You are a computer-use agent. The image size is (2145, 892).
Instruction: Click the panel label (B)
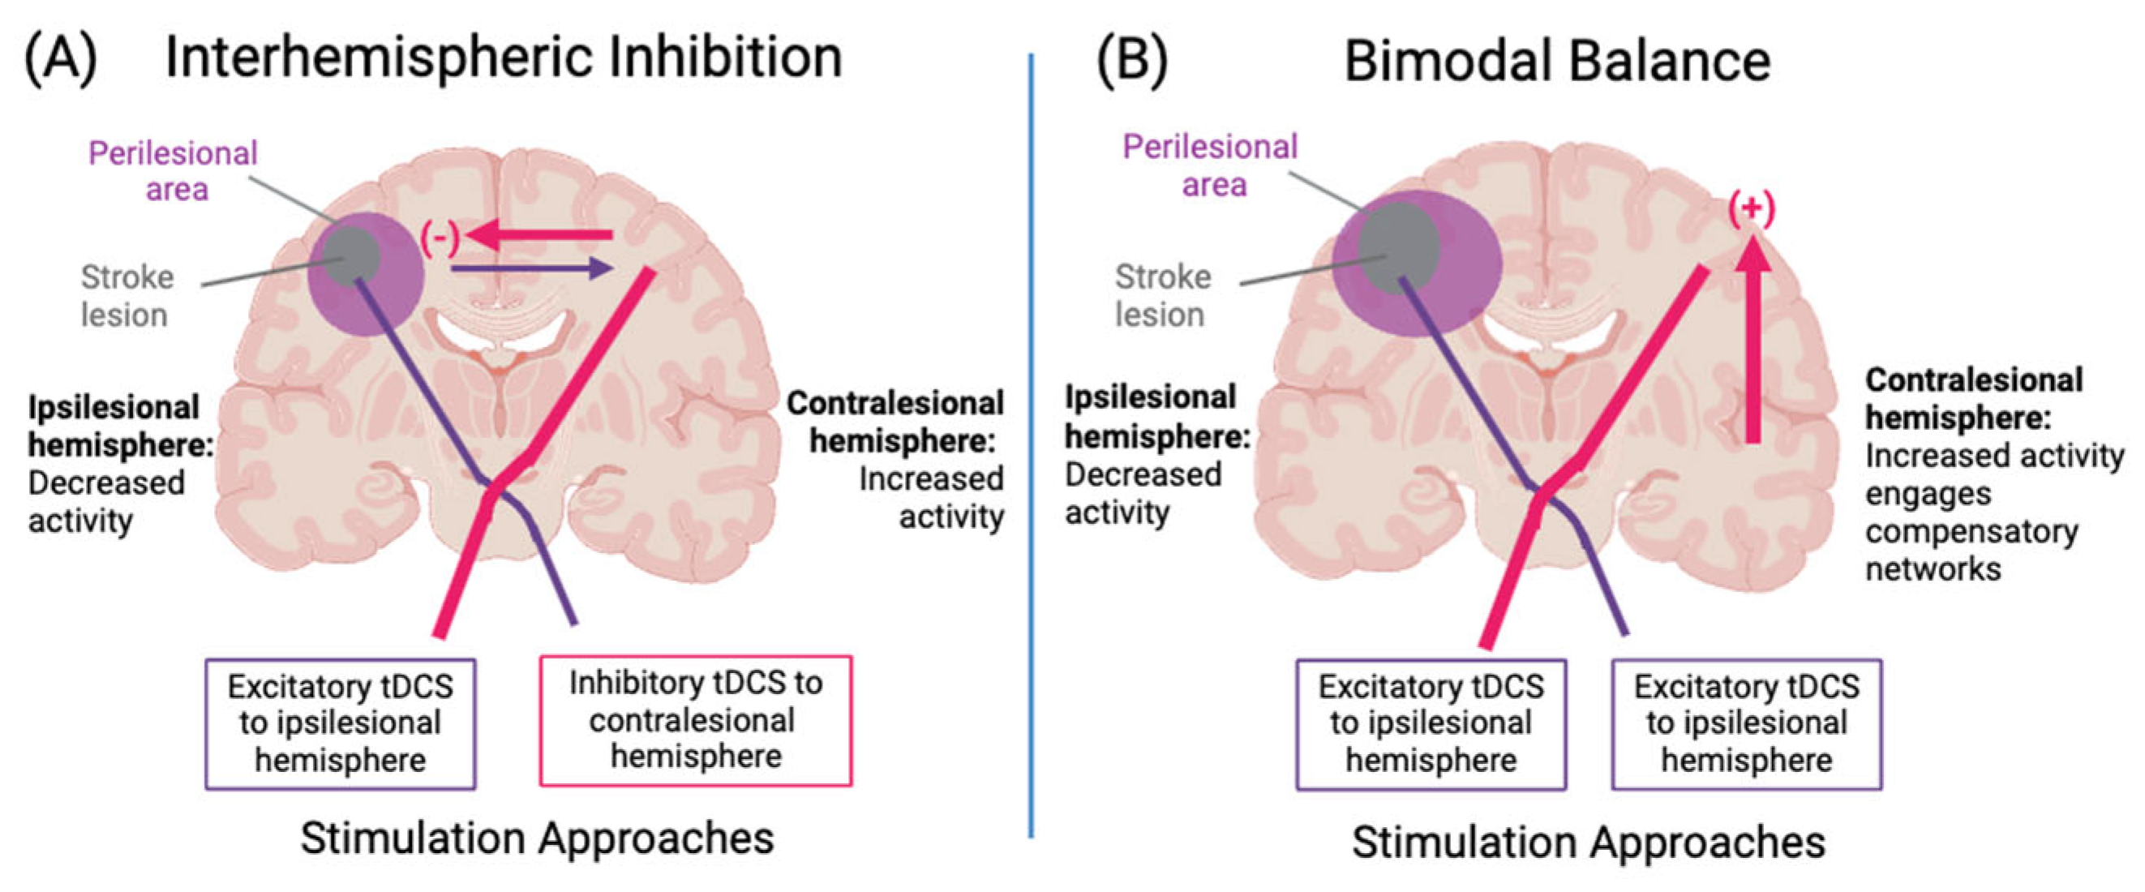pyautogui.click(x=1131, y=60)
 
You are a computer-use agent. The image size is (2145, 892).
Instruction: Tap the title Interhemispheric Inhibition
pyautogui.click(x=503, y=58)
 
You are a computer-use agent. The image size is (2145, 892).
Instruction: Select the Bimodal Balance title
pyautogui.click(x=1556, y=62)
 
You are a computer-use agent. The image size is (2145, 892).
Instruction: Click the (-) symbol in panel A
pyautogui.click(x=440, y=238)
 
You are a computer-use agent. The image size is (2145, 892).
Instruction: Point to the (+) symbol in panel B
pyautogui.click(x=1752, y=209)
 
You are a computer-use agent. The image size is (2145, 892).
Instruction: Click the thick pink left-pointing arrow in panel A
pyautogui.click(x=541, y=236)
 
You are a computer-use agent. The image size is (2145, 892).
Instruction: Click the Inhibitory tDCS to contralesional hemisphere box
pyautogui.click(x=695, y=720)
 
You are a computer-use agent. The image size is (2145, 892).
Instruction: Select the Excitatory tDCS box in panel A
pyautogui.click(x=341, y=724)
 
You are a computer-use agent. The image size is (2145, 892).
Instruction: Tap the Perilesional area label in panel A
pyautogui.click(x=174, y=172)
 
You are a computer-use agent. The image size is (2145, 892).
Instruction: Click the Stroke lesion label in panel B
pyautogui.click(x=1161, y=296)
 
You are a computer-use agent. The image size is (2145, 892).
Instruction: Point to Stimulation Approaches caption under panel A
pyautogui.click(x=537, y=838)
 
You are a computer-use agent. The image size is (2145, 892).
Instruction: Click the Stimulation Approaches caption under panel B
pyautogui.click(x=1588, y=841)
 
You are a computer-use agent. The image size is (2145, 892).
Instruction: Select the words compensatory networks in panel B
pyautogui.click(x=1971, y=550)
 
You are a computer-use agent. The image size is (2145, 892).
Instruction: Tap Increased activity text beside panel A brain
pyautogui.click(x=931, y=497)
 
